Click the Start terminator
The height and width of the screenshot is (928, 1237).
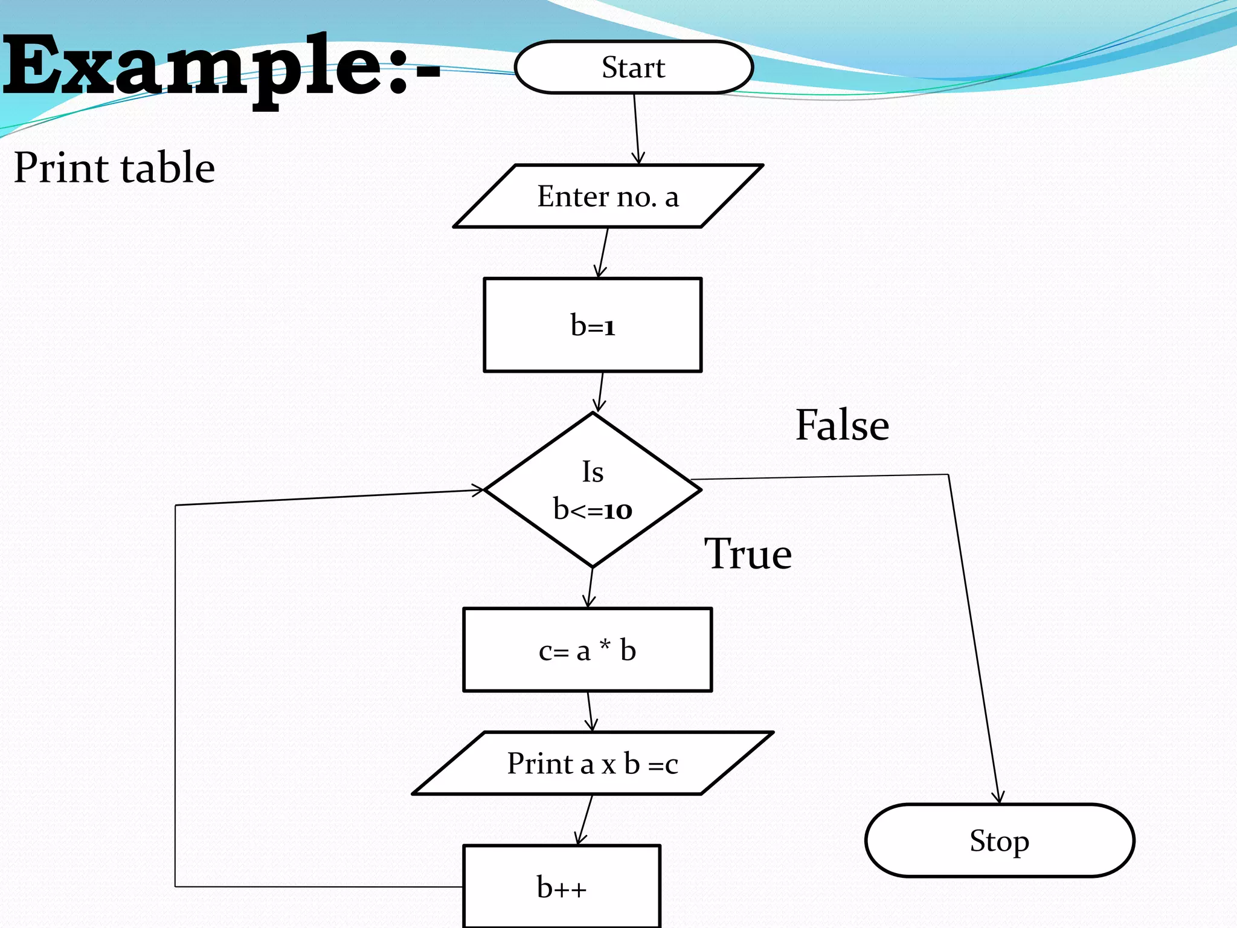(634, 67)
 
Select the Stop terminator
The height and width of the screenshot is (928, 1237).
(1000, 840)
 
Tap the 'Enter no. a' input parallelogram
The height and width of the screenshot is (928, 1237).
(608, 196)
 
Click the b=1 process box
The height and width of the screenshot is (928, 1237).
(593, 325)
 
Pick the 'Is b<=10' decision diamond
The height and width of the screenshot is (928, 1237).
(593, 490)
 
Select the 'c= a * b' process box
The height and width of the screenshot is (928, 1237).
(587, 650)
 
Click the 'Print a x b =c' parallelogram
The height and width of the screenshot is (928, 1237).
(593, 763)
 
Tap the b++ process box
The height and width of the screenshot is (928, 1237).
(562, 886)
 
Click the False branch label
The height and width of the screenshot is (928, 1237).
(842, 425)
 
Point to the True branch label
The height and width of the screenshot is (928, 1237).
(748, 554)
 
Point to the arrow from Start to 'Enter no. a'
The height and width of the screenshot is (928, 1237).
(637, 128)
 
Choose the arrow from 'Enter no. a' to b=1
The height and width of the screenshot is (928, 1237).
(603, 253)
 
